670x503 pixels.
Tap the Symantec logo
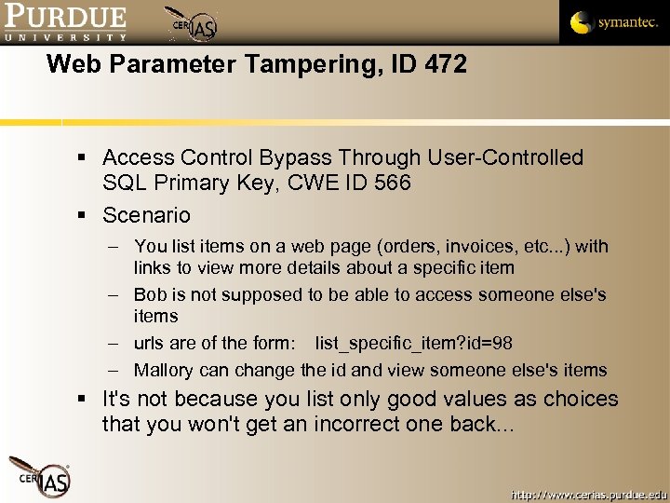(613, 22)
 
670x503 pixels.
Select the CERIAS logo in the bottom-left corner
(40, 476)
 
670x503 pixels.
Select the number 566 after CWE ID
(390, 183)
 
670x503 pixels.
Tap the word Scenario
(146, 215)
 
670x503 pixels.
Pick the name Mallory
(167, 370)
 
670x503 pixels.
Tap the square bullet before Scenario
(84, 216)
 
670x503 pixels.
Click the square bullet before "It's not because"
(84, 400)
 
